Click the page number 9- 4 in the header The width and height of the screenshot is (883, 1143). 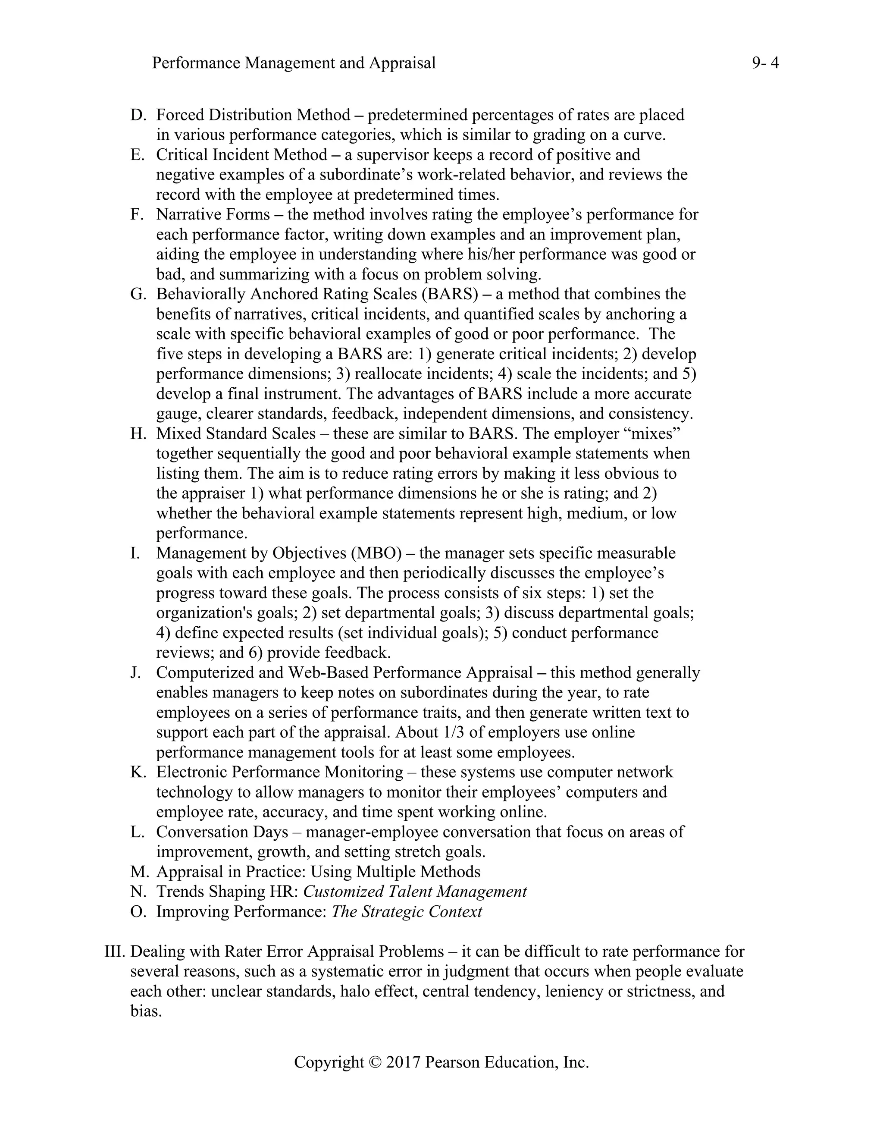765,63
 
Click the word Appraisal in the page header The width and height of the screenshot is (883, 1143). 402,63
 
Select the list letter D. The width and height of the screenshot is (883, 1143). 138,115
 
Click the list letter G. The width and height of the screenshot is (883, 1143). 138,294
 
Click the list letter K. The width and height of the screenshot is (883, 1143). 138,772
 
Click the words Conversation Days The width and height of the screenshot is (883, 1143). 222,832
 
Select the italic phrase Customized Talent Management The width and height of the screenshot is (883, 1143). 415,892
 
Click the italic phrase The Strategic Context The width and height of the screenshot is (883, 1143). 407,912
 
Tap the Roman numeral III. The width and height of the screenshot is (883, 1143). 115,951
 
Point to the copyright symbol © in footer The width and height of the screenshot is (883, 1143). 375,1062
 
